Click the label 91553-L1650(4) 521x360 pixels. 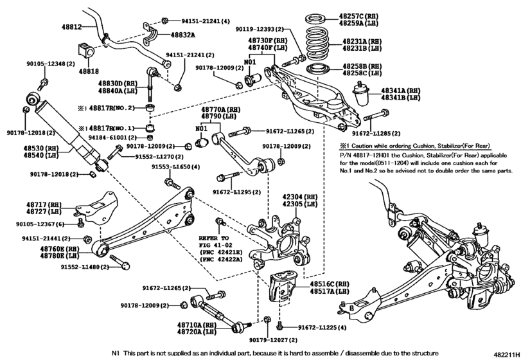coord(175,166)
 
